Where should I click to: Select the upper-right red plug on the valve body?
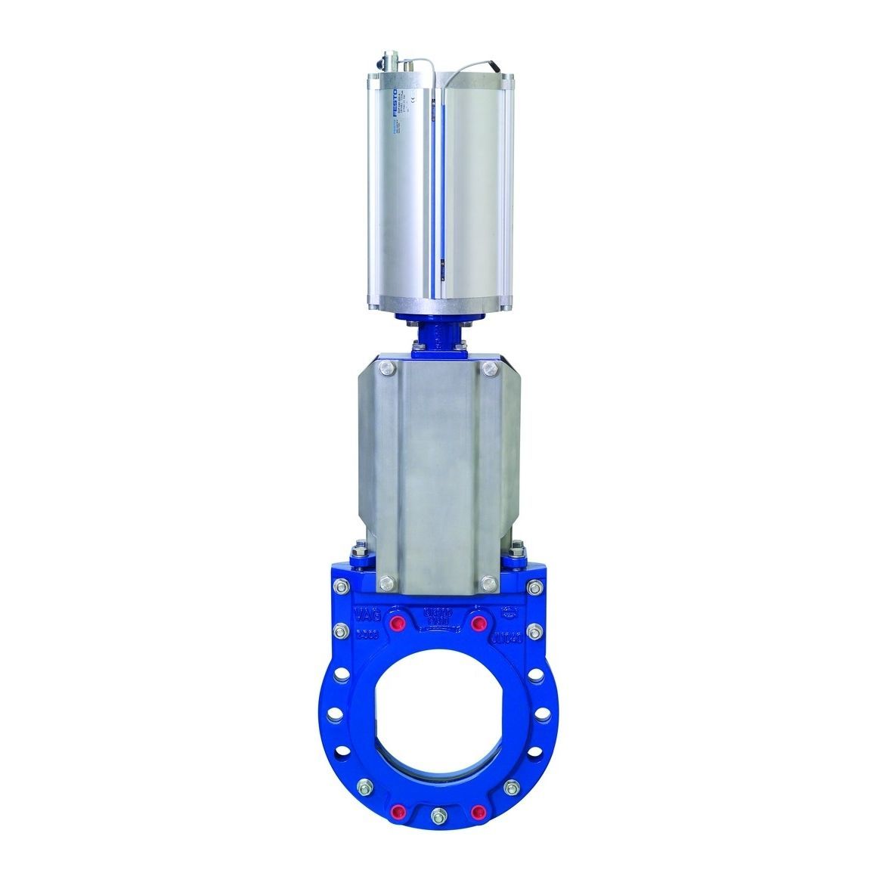477,623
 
